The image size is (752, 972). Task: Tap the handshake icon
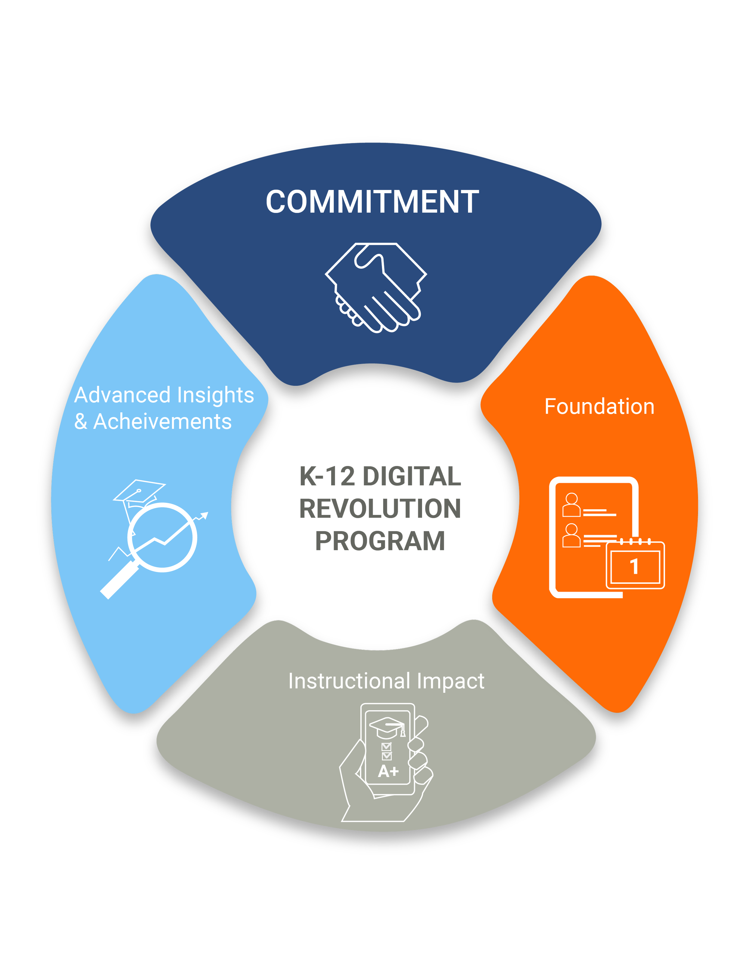click(376, 287)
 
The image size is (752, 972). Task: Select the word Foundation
click(599, 407)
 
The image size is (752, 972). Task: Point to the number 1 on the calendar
click(634, 567)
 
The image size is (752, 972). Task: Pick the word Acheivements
click(163, 422)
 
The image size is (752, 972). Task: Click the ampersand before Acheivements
click(81, 422)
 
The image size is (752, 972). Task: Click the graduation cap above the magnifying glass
click(139, 492)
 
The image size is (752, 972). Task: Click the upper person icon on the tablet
click(571, 504)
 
